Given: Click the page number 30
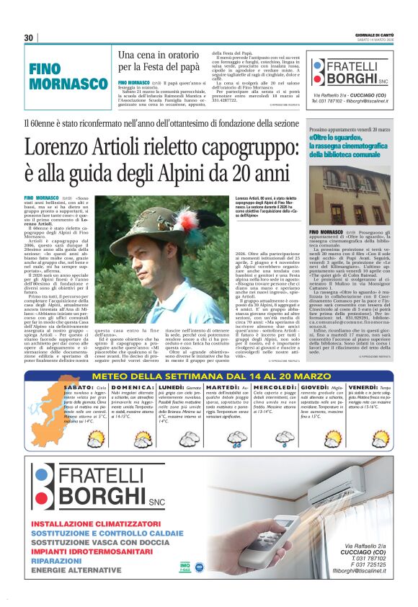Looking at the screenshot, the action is pos(28,38).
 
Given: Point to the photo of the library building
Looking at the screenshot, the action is pos(349,192).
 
